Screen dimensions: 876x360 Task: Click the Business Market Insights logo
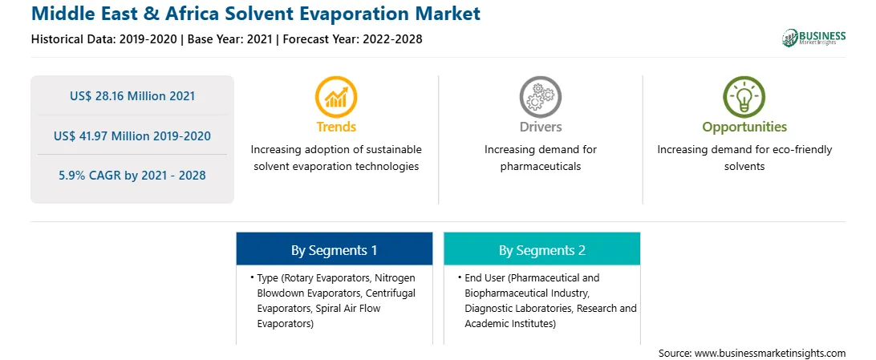813,38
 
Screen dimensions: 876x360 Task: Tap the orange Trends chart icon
336,97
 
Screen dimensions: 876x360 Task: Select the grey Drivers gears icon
540,97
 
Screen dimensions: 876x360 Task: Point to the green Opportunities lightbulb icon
744,97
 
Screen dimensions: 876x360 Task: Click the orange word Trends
336,127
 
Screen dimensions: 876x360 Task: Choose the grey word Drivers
540,127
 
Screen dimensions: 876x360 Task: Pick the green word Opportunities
744,127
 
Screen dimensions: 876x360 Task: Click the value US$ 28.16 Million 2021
132,96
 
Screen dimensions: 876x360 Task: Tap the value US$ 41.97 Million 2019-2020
132,136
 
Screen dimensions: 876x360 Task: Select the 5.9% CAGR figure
132,176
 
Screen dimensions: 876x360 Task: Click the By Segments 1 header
334,251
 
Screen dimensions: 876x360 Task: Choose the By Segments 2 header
542,251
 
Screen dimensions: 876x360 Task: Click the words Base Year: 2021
230,39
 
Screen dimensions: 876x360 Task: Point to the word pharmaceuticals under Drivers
540,166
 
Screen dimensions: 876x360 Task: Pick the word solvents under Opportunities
744,166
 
